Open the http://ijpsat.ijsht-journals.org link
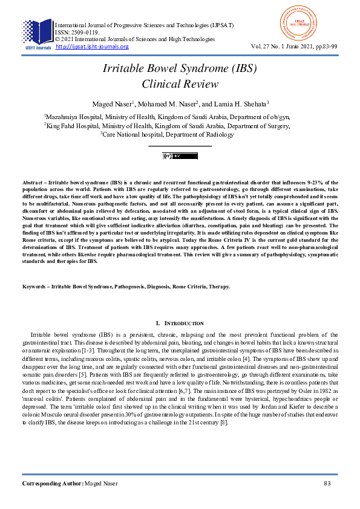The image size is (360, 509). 92,47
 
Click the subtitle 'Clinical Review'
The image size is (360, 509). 179,84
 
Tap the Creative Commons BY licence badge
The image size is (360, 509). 180,156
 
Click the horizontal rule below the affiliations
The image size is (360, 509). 180,146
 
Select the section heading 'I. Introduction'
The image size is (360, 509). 180,324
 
